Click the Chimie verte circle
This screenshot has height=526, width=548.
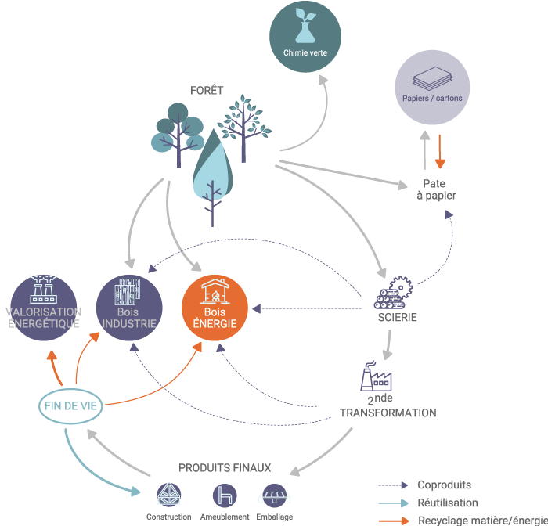(305, 34)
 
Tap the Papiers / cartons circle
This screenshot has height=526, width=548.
(432, 86)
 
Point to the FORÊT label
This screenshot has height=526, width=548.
(207, 91)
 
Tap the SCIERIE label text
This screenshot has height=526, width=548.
(397, 318)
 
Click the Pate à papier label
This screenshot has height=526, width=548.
(433, 189)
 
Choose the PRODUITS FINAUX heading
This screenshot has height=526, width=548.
(225, 468)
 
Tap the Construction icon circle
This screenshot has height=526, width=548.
(168, 495)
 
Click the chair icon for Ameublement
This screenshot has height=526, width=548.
(225, 495)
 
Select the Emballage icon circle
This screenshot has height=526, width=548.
(274, 495)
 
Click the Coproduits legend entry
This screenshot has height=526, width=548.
(444, 485)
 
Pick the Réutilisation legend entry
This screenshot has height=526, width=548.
(447, 503)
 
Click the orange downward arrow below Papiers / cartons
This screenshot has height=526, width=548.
(440, 152)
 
